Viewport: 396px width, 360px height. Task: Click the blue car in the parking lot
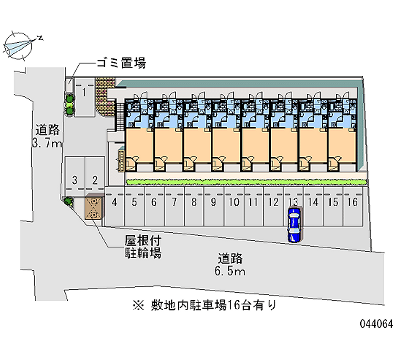[294, 225]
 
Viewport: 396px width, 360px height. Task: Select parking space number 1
[85, 97]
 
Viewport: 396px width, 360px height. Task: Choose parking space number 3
[74, 176]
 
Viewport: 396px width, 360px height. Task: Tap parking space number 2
[95, 176]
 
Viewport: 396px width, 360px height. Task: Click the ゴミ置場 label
[120, 63]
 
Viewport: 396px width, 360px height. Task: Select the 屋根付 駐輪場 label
[143, 247]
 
